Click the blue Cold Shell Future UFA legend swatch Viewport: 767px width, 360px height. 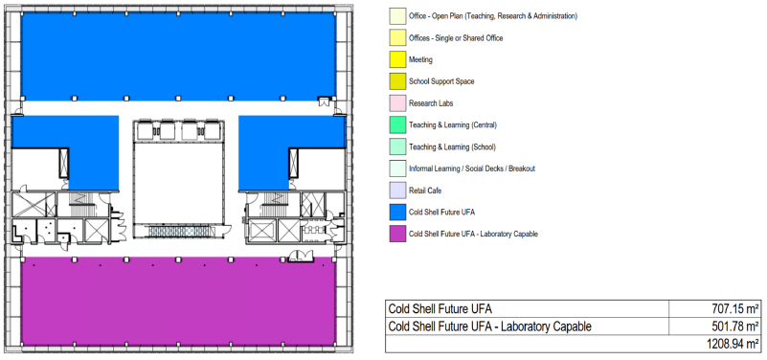pos(397,213)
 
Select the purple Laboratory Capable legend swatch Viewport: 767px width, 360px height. pos(397,234)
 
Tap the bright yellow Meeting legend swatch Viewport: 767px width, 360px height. pos(397,59)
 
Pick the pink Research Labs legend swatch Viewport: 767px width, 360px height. pos(397,103)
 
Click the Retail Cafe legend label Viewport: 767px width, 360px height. pos(425,191)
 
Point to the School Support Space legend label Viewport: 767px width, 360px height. pos(441,81)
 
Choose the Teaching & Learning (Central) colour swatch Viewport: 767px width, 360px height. pos(397,125)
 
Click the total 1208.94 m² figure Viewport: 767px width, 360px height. pos(733,344)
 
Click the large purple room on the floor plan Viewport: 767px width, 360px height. pos(178,303)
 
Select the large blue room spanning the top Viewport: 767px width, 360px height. pos(178,56)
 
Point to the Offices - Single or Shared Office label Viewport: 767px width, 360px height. pos(456,38)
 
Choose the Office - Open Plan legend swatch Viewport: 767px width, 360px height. pos(397,16)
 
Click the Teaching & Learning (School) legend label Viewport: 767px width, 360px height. pos(453,147)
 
